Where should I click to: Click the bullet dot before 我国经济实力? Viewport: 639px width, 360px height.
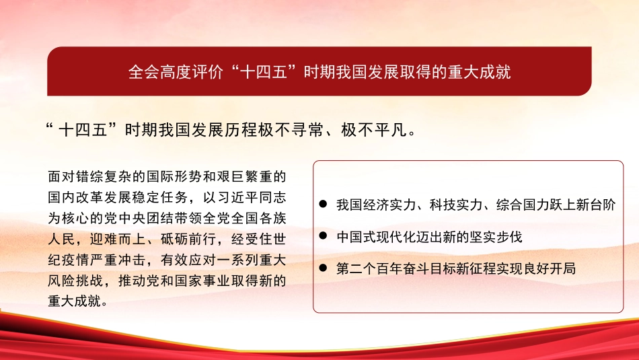click(324, 204)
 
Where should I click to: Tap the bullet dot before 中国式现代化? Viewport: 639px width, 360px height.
click(324, 237)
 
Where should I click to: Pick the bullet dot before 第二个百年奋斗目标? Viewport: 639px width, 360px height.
click(324, 268)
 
